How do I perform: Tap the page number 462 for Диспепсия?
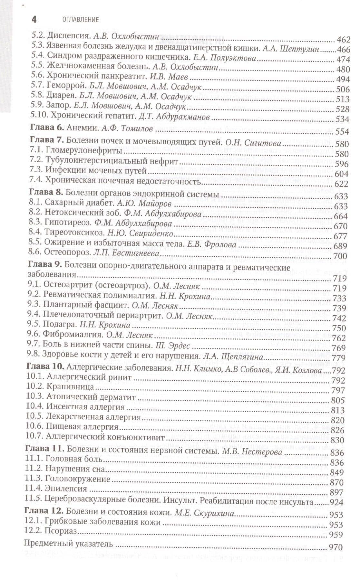343,40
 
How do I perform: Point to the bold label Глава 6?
47,128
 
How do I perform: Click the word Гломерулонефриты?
84,151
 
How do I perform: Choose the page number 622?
341,184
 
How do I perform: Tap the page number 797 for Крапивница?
338,391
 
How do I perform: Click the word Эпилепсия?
66,489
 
